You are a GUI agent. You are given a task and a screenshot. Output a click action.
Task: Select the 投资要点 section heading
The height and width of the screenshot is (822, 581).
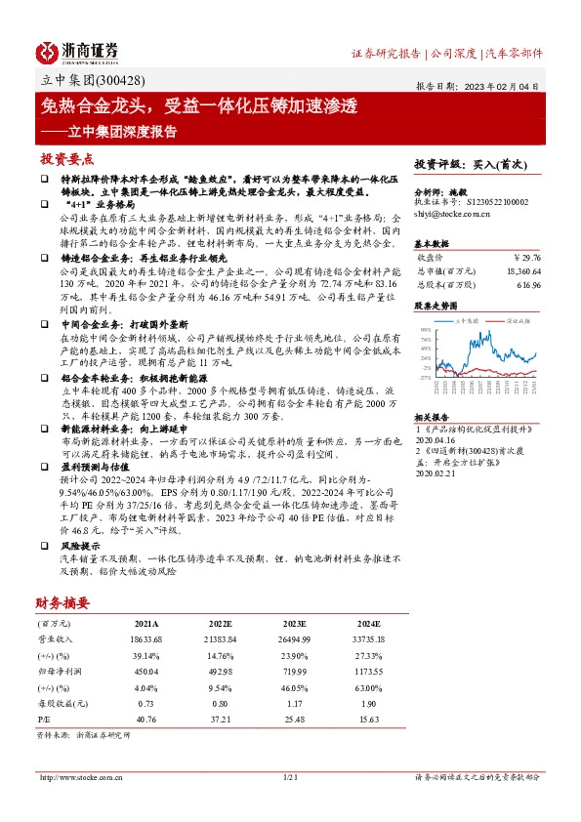point(66,158)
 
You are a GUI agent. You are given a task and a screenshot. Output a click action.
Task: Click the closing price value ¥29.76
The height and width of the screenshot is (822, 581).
point(524,257)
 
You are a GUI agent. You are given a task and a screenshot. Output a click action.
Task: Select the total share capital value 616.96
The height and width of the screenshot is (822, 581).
point(526,284)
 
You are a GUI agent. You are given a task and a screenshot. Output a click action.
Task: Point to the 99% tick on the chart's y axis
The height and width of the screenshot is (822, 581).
point(425,330)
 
